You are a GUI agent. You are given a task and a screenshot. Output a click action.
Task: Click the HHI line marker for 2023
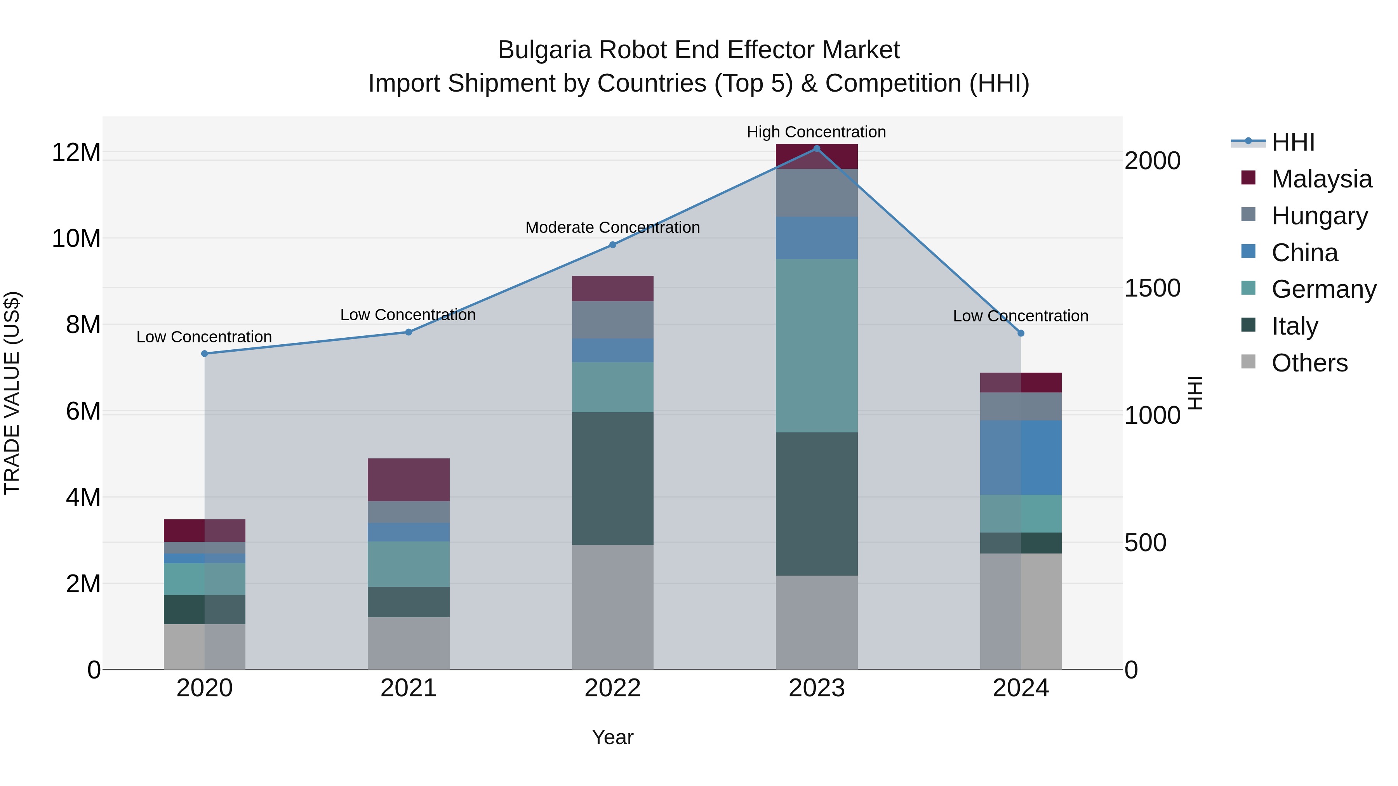(x=816, y=149)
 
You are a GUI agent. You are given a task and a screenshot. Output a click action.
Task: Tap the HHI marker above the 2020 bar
(x=205, y=354)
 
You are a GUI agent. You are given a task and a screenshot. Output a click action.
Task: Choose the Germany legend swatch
(x=1248, y=288)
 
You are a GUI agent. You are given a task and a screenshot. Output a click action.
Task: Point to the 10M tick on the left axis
(x=76, y=239)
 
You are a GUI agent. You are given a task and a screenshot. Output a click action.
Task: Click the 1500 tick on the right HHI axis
(x=1152, y=288)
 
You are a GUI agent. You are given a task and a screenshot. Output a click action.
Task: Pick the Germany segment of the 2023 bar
(x=816, y=345)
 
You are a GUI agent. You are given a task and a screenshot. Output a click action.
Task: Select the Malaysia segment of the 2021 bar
(x=408, y=479)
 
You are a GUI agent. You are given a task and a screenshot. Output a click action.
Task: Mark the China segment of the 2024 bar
(x=1020, y=457)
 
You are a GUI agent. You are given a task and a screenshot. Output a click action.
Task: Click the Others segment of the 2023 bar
(x=816, y=622)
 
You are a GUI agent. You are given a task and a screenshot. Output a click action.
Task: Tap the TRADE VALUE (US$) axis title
(x=12, y=393)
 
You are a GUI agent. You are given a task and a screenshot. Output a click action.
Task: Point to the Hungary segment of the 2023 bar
(x=816, y=193)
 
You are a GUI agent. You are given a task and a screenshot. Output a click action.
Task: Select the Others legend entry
(x=1309, y=363)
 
